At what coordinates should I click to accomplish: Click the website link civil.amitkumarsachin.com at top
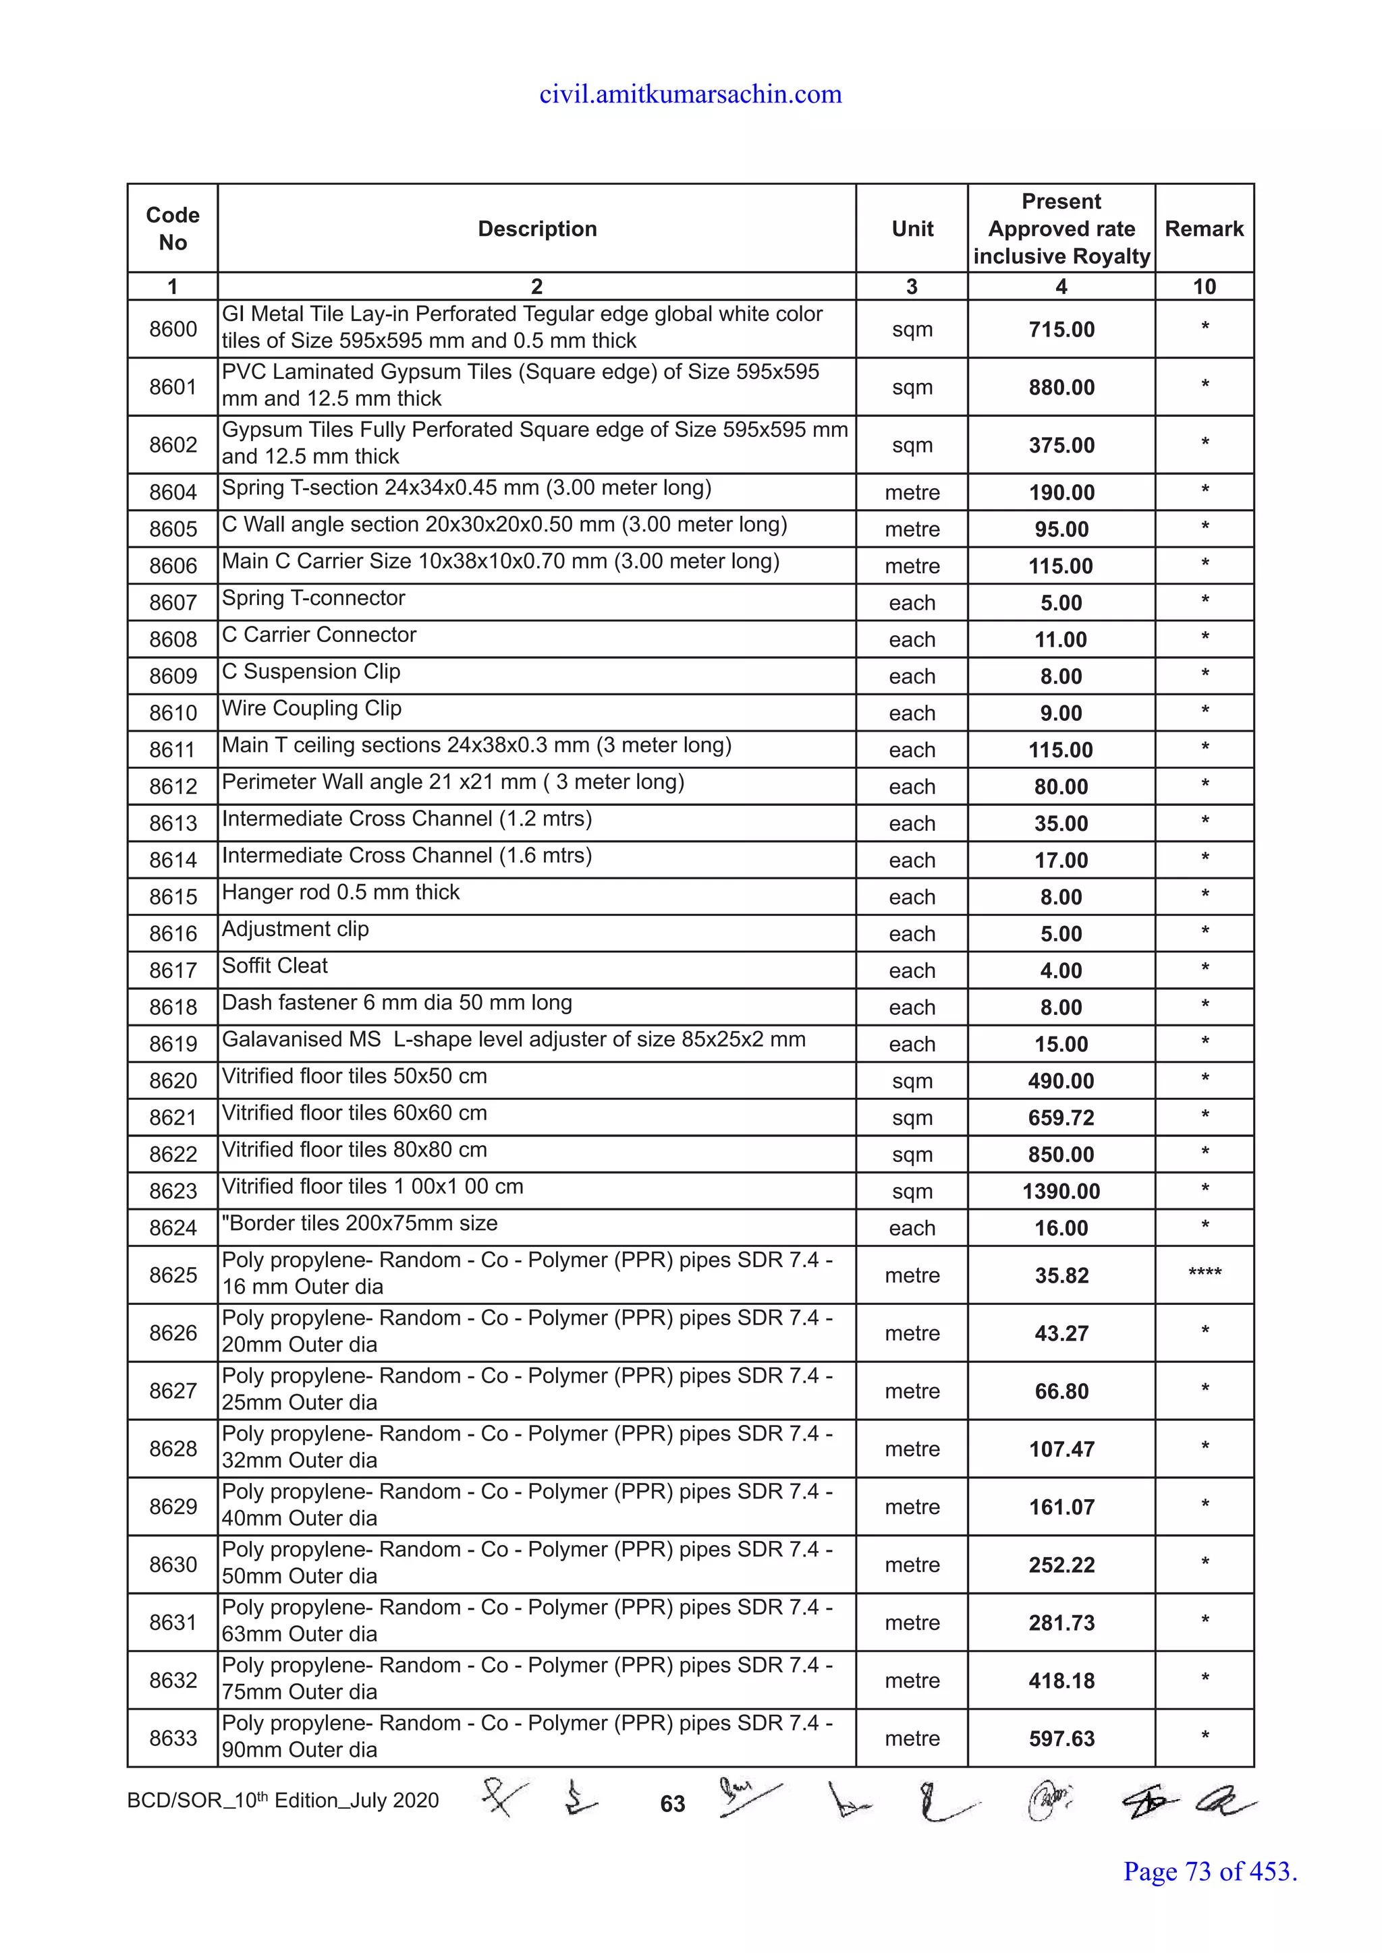click(x=690, y=94)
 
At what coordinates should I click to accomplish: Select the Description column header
click(x=537, y=229)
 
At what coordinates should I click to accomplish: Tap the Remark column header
click(x=1203, y=229)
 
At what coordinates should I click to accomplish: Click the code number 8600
click(x=173, y=329)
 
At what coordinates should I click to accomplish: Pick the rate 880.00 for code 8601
click(x=1061, y=387)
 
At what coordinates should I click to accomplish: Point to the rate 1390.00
click(x=1061, y=1191)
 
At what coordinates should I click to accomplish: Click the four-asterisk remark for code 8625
click(x=1204, y=1273)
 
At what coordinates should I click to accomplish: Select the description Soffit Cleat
click(x=275, y=966)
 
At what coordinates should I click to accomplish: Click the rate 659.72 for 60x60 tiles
click(x=1061, y=1117)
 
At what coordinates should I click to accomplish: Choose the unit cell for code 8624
click(x=912, y=1227)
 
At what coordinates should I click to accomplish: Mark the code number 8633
click(x=173, y=1738)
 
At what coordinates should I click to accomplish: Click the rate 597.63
click(x=1061, y=1739)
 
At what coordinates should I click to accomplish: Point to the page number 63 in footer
click(x=672, y=1803)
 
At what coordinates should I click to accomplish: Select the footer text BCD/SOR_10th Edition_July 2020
click(x=283, y=1801)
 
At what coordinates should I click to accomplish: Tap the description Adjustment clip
click(x=296, y=929)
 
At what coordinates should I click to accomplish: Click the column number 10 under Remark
click(x=1204, y=287)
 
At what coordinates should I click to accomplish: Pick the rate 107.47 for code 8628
click(x=1061, y=1449)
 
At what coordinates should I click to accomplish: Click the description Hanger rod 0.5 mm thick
click(x=340, y=892)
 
